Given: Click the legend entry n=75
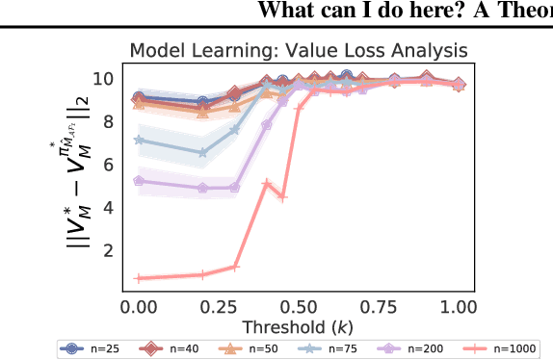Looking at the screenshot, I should coord(336,349).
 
